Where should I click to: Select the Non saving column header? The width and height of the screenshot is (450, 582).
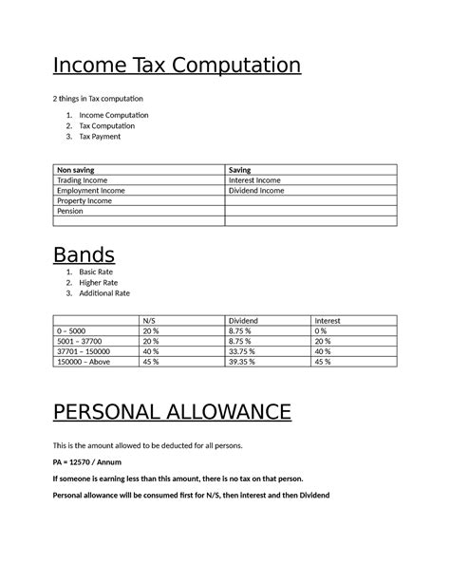tap(78, 169)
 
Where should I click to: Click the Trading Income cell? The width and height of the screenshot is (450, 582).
tap(84, 179)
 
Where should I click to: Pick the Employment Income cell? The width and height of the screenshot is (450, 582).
tap(90, 190)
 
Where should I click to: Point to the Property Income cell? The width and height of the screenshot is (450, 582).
tap(84, 200)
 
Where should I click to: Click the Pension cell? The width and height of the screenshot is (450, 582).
tap(70, 211)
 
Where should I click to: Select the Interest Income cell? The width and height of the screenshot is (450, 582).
tap(254, 179)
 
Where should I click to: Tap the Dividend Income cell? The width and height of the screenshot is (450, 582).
tap(256, 190)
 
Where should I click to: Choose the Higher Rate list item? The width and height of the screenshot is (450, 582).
tap(99, 282)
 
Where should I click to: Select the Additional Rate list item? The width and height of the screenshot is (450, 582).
tap(104, 293)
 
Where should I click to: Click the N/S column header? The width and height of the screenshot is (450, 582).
tap(149, 321)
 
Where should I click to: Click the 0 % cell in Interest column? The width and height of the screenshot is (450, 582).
tap(323, 330)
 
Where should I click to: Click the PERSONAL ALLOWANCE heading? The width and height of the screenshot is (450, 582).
tap(172, 413)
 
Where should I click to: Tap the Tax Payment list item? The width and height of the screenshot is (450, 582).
tap(100, 137)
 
